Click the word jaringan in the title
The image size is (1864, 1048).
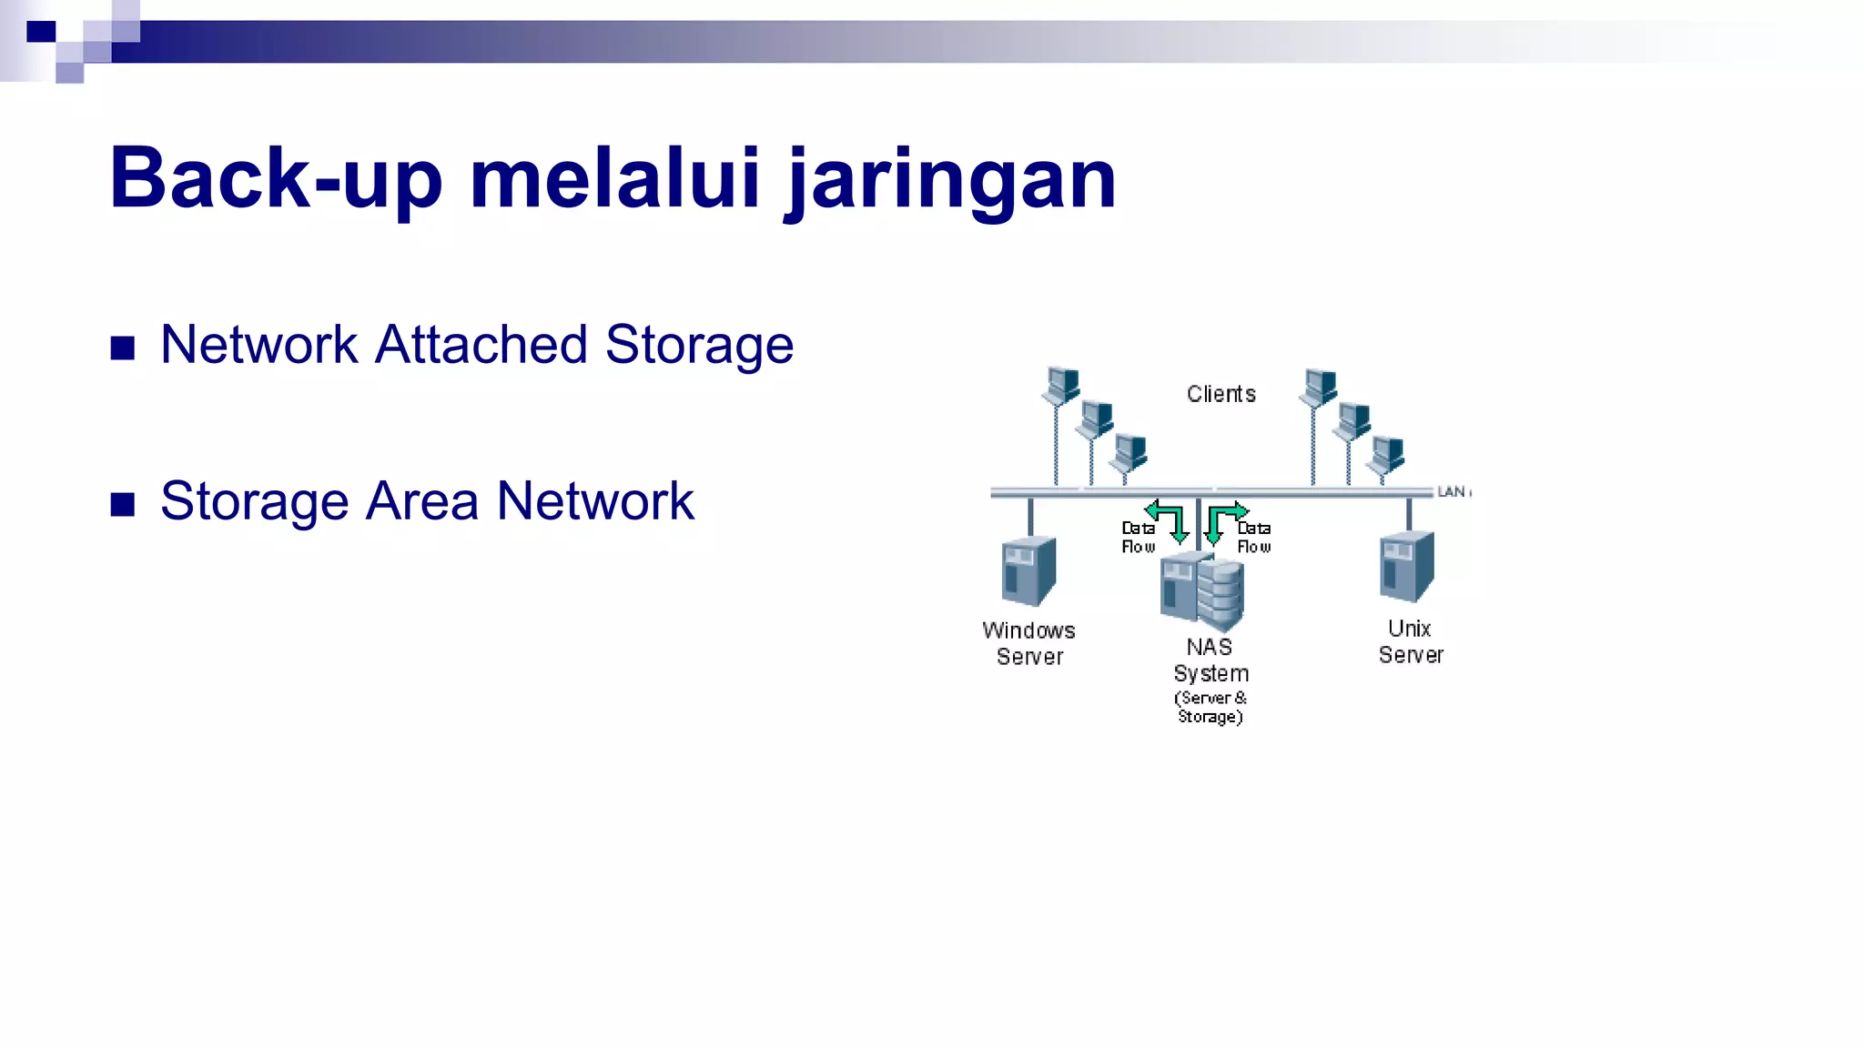point(950,180)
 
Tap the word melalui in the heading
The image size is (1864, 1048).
point(614,178)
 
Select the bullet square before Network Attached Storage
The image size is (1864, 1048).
point(123,348)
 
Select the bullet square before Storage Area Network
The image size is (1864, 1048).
point(123,505)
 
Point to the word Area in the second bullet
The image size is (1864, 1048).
point(421,501)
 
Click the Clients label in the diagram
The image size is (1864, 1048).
point(1221,394)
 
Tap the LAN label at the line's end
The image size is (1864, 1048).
point(1451,492)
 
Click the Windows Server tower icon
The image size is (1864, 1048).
point(1028,571)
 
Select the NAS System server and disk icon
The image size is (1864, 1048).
point(1202,592)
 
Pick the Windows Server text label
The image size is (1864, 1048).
point(1029,643)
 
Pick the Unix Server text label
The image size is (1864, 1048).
point(1410,641)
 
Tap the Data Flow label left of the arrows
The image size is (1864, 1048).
point(1138,537)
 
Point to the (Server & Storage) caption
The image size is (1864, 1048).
point(1211,707)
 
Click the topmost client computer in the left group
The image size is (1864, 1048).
point(1061,385)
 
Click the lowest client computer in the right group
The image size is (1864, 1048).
point(1388,454)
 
